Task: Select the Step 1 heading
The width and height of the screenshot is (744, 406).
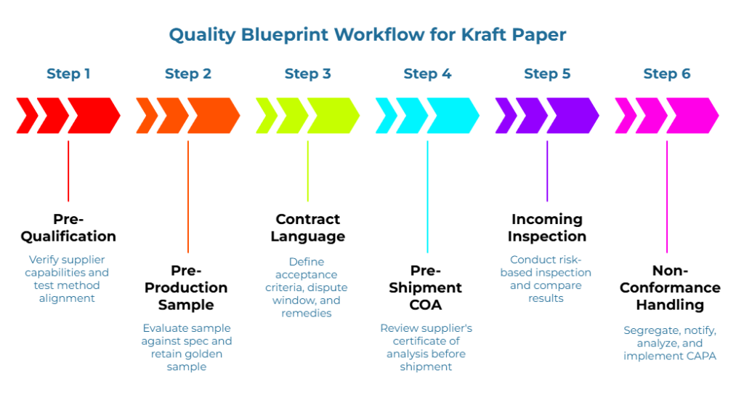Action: [68, 73]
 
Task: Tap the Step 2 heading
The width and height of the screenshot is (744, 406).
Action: [188, 73]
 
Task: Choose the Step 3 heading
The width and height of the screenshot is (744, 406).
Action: [308, 73]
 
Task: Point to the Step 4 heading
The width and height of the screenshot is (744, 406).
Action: [427, 73]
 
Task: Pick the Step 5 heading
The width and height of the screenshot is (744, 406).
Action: [547, 73]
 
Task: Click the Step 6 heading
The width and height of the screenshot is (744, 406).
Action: [667, 73]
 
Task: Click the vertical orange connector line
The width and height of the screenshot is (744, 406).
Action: [188, 196]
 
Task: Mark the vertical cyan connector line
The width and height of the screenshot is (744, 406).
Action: [427, 196]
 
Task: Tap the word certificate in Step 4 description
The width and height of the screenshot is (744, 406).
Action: [416, 341]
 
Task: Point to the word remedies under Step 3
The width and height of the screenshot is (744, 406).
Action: [308, 313]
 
